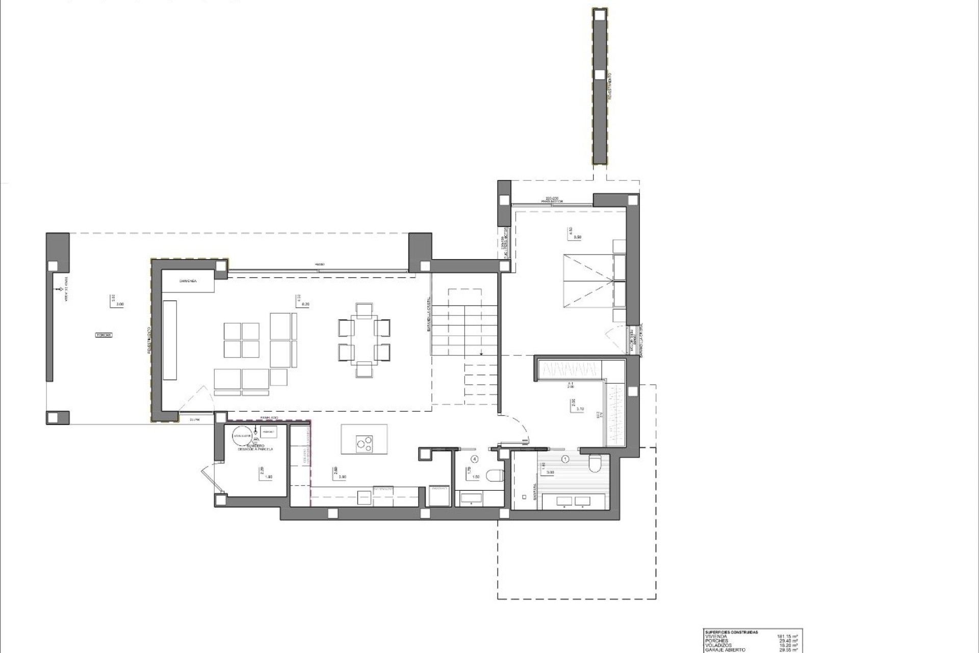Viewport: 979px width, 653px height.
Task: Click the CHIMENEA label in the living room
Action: click(188, 281)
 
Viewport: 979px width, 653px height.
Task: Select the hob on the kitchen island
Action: click(365, 443)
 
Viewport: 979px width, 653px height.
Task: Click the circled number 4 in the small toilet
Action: click(475, 459)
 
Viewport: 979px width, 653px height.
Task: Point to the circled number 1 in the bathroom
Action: click(565, 459)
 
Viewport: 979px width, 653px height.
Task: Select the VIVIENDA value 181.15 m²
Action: click(787, 636)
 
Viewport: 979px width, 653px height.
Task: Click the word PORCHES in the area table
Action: click(716, 641)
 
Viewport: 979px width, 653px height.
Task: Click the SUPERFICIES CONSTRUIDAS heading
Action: click(731, 632)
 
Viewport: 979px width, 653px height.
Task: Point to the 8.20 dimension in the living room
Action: click(306, 304)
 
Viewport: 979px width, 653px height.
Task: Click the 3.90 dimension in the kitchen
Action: click(342, 477)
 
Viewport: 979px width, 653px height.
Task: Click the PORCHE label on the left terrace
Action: click(104, 335)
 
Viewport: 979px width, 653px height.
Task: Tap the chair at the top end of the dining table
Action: click(364, 310)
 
